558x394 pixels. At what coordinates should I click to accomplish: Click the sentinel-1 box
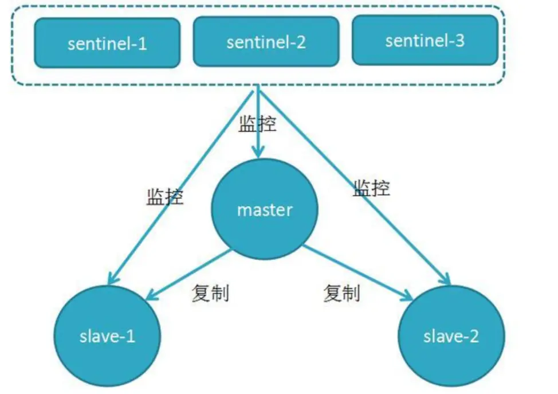click(107, 43)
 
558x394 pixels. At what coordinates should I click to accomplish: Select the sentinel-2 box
click(266, 42)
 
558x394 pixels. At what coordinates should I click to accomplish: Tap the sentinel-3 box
click(425, 40)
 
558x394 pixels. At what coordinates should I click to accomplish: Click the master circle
click(265, 209)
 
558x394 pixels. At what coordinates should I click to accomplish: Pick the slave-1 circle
click(107, 336)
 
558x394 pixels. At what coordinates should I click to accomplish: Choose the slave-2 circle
click(451, 336)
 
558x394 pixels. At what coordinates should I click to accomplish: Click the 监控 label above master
click(257, 124)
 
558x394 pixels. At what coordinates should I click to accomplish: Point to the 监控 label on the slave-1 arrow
click(165, 197)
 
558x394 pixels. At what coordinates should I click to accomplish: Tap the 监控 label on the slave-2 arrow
click(371, 188)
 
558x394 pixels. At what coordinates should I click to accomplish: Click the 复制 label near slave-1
click(210, 293)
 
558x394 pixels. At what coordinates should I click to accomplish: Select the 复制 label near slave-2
click(341, 293)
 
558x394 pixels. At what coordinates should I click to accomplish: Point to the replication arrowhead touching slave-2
click(406, 295)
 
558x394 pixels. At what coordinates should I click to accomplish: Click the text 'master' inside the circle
click(265, 210)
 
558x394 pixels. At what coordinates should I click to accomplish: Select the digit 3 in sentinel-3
click(460, 41)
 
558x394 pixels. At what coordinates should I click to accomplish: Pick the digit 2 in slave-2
click(474, 336)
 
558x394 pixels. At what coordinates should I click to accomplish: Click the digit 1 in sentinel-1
click(142, 44)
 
